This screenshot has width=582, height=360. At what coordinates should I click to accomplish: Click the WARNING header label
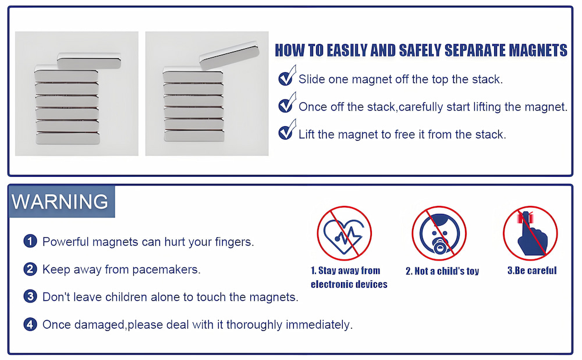pos(61,201)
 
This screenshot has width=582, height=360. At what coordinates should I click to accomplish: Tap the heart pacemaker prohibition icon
pos(344,233)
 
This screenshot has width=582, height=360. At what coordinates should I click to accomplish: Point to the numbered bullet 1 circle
pos(30,241)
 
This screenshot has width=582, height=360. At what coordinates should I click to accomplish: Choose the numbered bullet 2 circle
pos(30,269)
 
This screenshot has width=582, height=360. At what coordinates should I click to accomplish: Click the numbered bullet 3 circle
pos(30,297)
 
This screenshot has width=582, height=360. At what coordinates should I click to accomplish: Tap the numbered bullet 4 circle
pos(30,324)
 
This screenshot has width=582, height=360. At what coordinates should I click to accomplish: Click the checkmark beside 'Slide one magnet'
pos(286,77)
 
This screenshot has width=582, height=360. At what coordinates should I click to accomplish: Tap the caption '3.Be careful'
pos(532,270)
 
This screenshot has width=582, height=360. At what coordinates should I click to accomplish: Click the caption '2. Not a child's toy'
pos(442,271)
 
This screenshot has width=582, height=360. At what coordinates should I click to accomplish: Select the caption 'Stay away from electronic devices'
pos(349,277)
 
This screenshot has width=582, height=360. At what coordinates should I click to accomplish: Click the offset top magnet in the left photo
pos(89,59)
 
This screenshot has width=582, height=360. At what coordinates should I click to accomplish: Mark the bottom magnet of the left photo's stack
pos(66,137)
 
